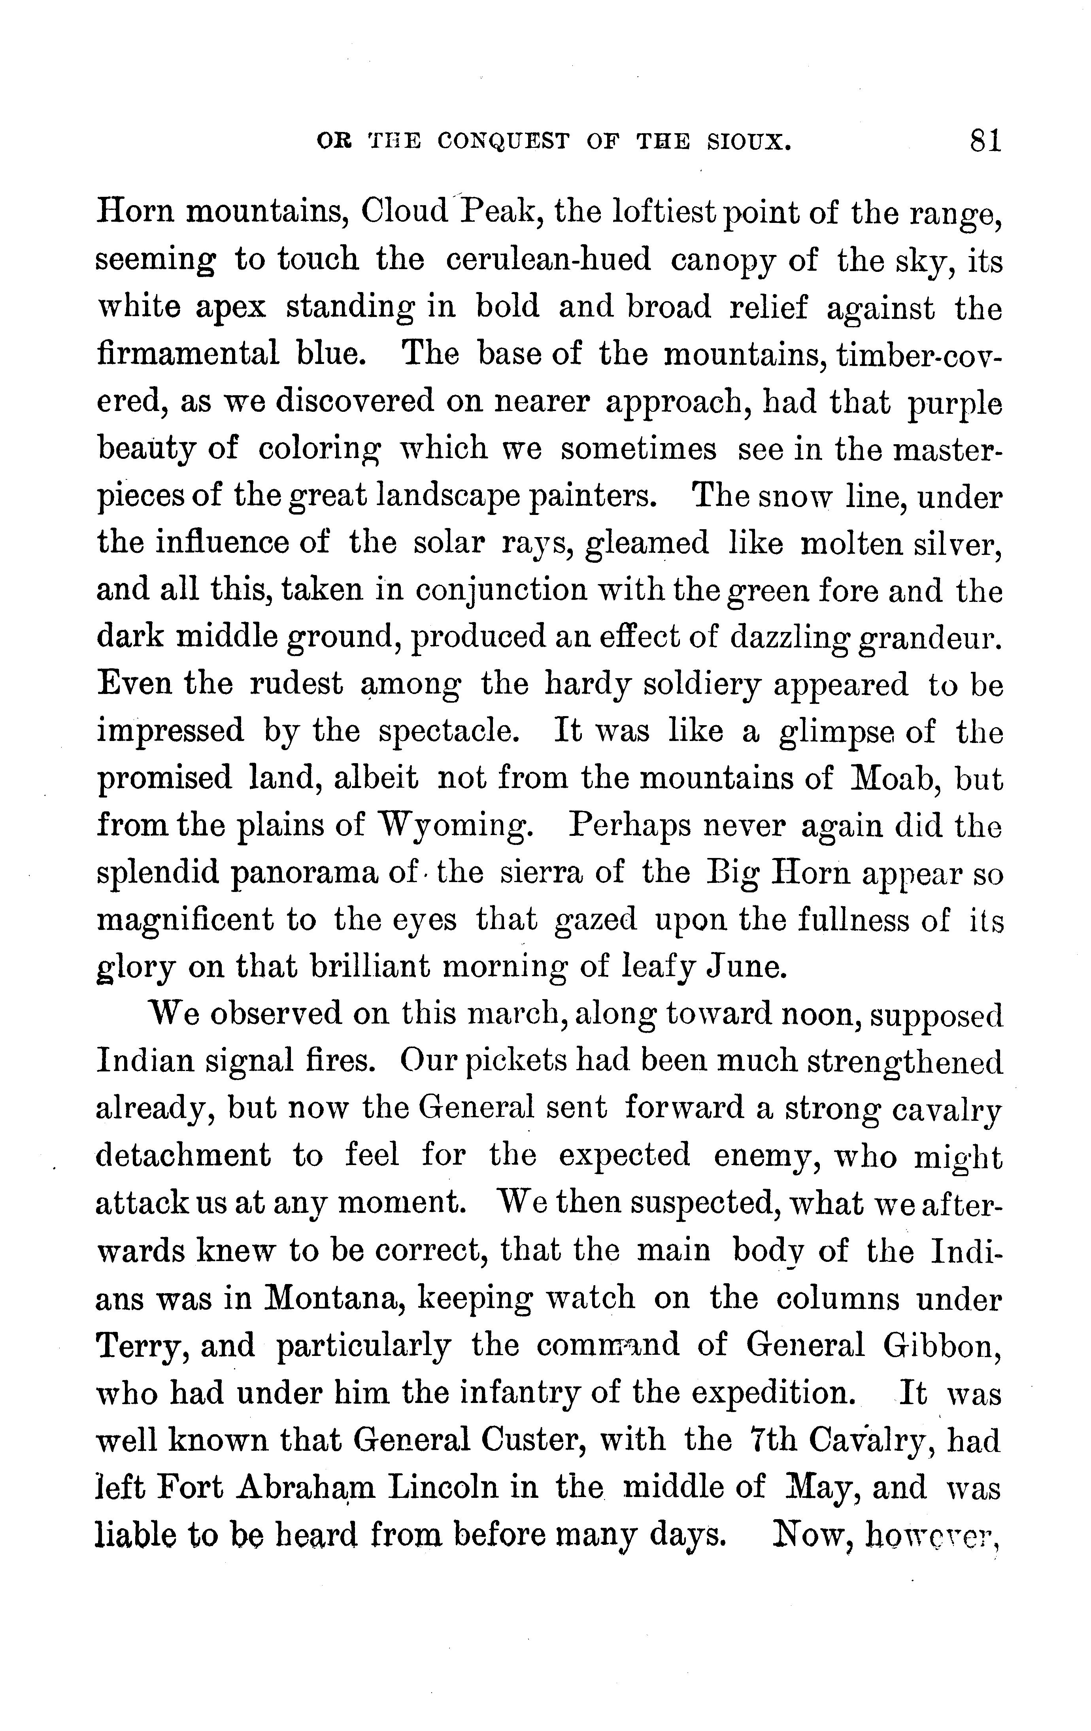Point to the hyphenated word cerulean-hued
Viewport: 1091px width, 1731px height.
548,260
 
